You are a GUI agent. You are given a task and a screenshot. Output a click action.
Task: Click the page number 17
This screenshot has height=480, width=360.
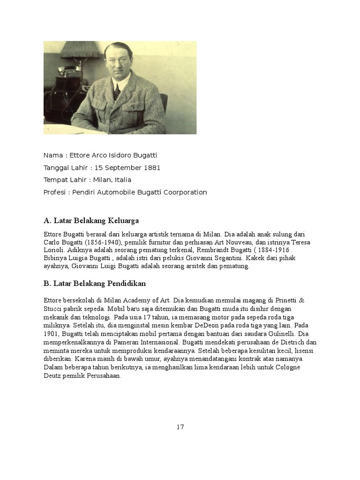click(180, 427)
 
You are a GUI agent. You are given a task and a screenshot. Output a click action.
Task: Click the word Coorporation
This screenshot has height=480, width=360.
click(184, 192)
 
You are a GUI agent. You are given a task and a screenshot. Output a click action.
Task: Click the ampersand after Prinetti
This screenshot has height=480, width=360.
click(301, 300)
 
